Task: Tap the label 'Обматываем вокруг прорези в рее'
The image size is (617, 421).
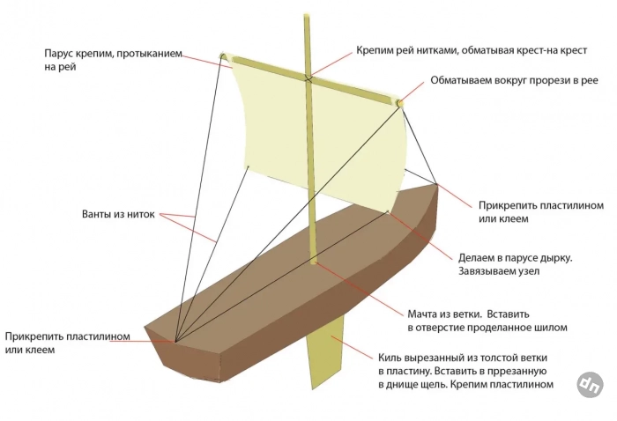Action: [x=514, y=80]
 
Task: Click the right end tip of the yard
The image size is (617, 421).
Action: [x=401, y=104]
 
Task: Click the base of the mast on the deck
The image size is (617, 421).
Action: [x=315, y=259]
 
